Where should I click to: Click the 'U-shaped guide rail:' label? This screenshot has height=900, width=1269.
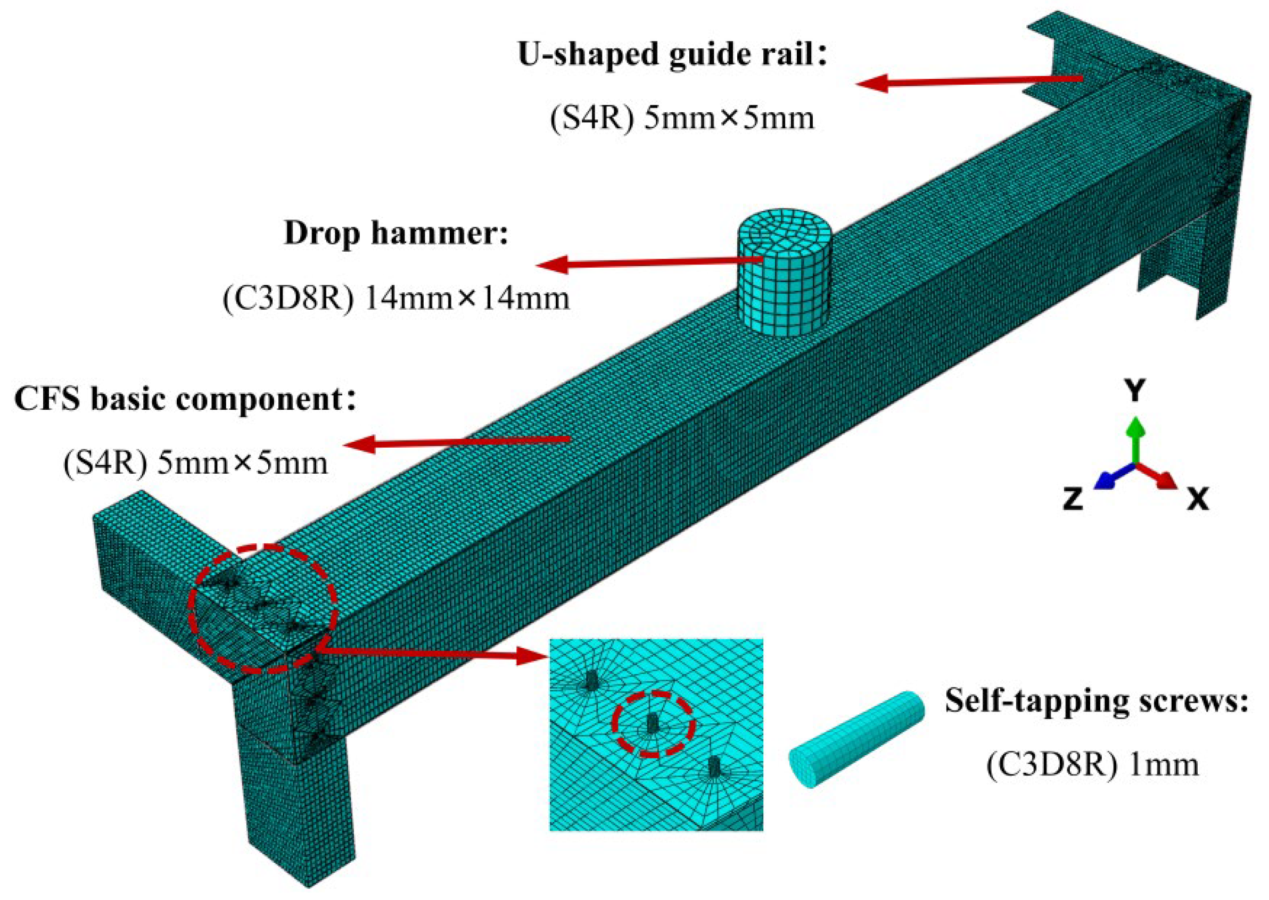[672, 55]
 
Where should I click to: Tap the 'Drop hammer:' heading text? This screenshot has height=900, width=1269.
[395, 233]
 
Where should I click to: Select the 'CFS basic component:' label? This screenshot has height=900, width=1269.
[185, 399]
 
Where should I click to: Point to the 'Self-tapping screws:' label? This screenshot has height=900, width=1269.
[1096, 700]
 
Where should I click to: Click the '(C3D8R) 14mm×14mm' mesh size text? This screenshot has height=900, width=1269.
[395, 299]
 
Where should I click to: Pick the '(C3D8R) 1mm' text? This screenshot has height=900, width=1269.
[1092, 765]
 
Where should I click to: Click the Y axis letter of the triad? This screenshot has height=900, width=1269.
[1134, 391]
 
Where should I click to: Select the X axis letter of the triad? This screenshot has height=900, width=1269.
[1198, 499]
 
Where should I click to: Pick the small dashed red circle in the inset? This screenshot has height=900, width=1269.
[652, 724]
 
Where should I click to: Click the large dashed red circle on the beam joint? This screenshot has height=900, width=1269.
[262, 608]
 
